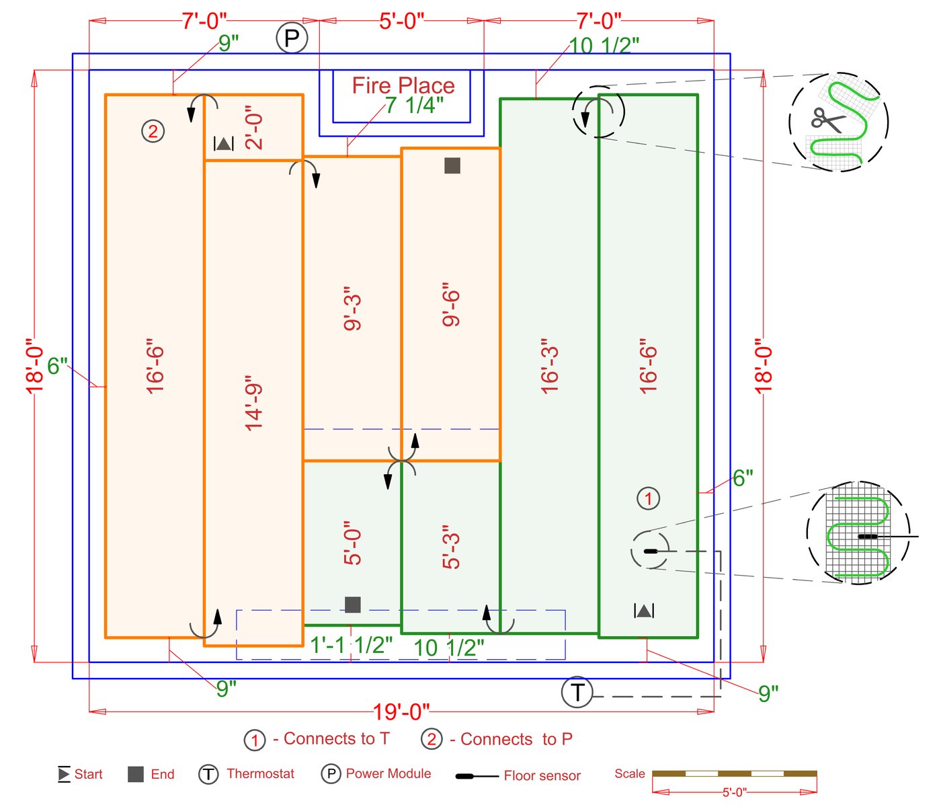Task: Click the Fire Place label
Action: click(x=403, y=85)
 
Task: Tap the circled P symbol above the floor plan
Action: click(x=292, y=38)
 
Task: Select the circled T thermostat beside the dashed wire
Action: click(x=577, y=691)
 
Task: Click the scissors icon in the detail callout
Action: click(x=828, y=121)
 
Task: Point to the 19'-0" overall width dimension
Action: click(x=401, y=712)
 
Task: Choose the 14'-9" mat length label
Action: click(x=254, y=403)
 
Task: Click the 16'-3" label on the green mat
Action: click(x=550, y=367)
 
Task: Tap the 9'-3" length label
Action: click(x=353, y=313)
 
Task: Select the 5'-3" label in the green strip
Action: click(x=452, y=547)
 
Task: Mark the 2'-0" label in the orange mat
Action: click(x=254, y=128)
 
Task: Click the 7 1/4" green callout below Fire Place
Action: click(x=414, y=105)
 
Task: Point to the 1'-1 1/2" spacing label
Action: click(x=351, y=646)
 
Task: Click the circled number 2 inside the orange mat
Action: click(x=153, y=130)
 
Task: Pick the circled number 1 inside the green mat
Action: click(x=648, y=498)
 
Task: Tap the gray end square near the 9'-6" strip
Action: click(x=452, y=165)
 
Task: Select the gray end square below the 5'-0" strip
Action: click(x=353, y=605)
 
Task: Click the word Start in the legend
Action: click(x=88, y=774)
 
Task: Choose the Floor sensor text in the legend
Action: click(x=542, y=775)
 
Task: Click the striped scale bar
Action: click(x=734, y=773)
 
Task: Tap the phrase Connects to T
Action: click(x=337, y=739)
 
